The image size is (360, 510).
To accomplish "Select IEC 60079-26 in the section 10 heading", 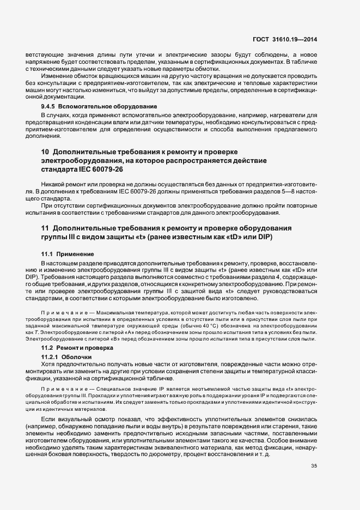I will pyautogui.click(x=102, y=169).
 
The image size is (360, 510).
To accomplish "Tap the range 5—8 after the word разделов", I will pyautogui.click(x=286, y=193).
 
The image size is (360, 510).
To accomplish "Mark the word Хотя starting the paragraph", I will pyautogui.click(x=49, y=364).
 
